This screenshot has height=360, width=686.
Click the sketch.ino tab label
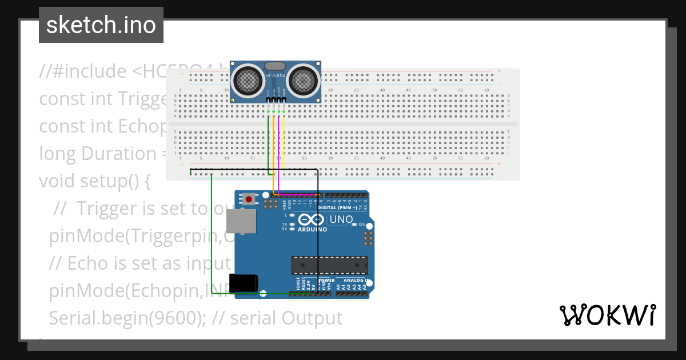pyautogui.click(x=101, y=25)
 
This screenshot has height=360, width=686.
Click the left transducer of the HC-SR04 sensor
pyautogui.click(x=249, y=81)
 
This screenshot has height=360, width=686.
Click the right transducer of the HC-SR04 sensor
pyautogui.click(x=301, y=81)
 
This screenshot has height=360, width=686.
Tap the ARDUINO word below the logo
pyautogui.click(x=312, y=229)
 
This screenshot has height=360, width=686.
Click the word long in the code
pyautogui.click(x=58, y=154)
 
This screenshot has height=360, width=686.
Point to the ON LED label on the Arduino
pyautogui.click(x=362, y=225)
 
